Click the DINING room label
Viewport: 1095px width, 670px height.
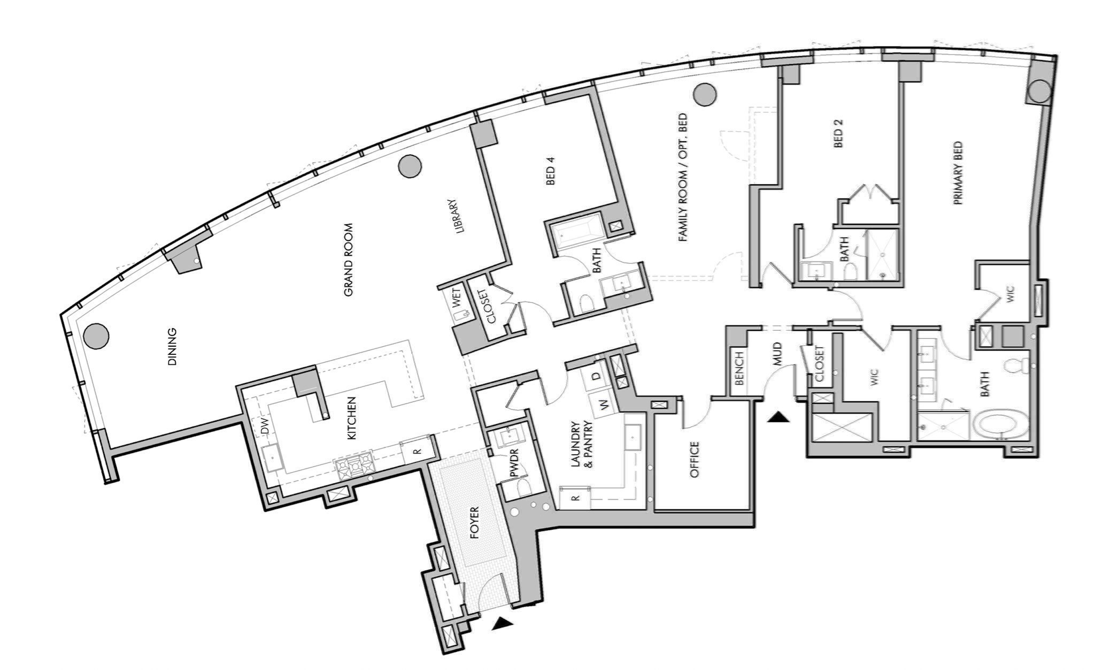(x=172, y=347)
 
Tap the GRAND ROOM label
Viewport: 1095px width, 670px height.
(x=349, y=260)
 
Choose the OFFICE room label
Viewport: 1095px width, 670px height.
(x=695, y=460)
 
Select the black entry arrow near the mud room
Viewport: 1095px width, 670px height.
(x=778, y=417)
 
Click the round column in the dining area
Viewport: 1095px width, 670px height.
(x=97, y=336)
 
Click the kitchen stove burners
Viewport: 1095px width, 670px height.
(x=354, y=465)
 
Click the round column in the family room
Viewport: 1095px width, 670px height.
(x=704, y=94)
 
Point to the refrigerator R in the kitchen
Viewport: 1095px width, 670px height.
(x=418, y=450)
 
